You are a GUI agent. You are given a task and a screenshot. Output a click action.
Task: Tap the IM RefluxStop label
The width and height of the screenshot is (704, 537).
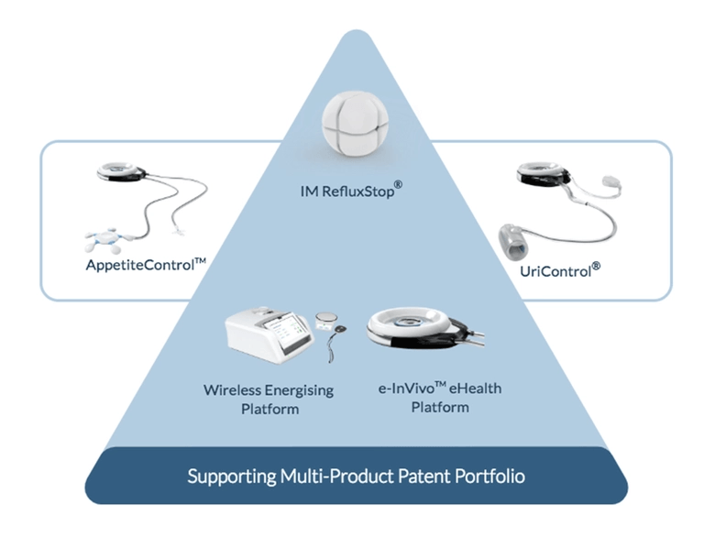[351, 191]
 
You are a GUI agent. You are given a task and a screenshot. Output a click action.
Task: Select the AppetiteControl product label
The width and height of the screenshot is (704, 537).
[146, 264]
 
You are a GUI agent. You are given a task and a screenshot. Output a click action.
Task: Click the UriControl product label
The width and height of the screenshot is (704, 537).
[560, 270]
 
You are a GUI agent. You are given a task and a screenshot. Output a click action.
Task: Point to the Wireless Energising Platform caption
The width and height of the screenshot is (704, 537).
[269, 400]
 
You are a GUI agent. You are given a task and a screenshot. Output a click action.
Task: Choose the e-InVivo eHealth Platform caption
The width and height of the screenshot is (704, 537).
[440, 398]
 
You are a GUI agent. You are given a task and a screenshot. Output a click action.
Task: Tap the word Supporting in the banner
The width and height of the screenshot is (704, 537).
[231, 477]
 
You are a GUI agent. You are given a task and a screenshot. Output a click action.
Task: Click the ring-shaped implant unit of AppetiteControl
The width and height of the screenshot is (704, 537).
[121, 172]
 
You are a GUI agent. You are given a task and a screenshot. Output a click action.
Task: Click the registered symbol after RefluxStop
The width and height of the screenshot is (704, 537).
[398, 184]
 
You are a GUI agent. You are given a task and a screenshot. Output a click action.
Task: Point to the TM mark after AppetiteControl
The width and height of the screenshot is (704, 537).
[200, 260]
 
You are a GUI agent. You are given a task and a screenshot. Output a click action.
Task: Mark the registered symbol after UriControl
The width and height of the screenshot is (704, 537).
[596, 267]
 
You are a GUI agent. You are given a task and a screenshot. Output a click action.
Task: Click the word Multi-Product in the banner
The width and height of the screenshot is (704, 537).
[336, 476]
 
